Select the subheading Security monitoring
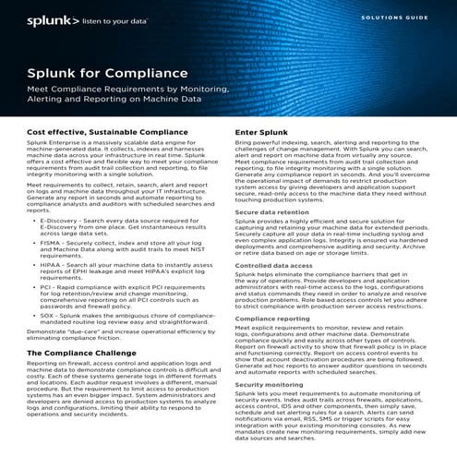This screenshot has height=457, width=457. pyautogui.click(x=268, y=383)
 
